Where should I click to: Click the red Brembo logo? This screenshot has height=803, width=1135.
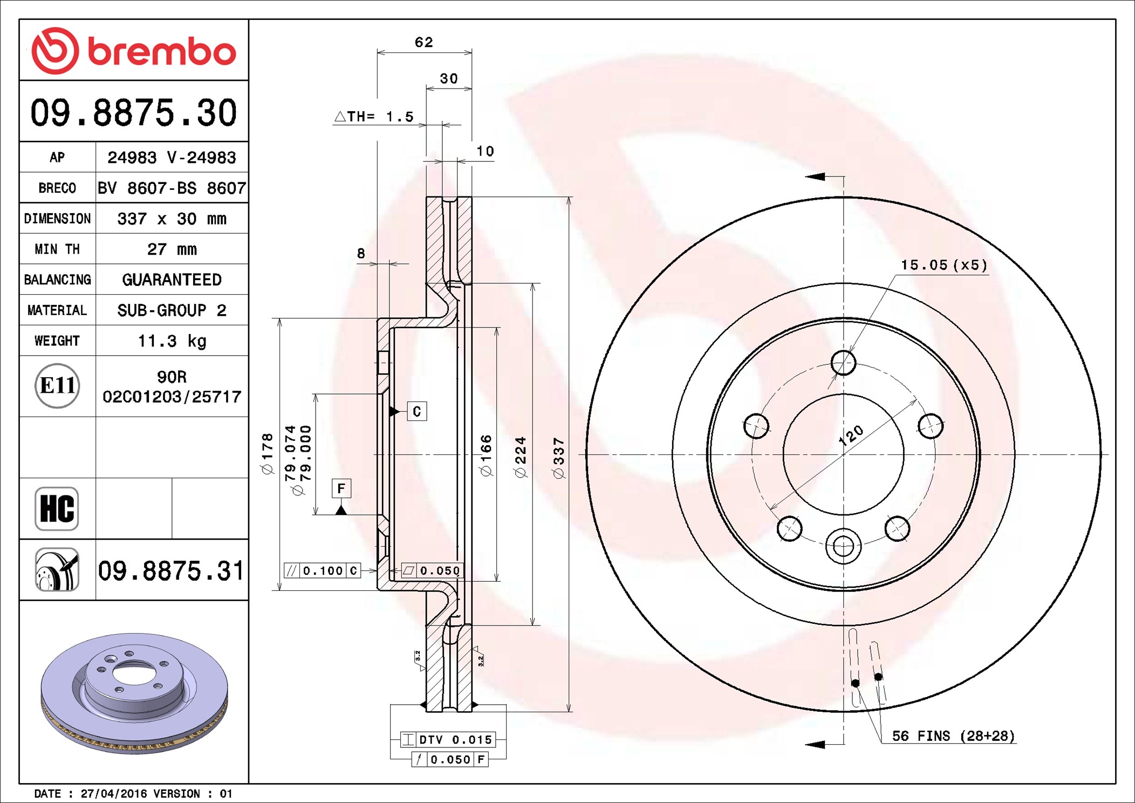(x=134, y=51)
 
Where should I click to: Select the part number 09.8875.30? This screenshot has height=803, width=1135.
(x=134, y=113)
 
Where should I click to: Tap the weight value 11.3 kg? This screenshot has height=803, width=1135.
(x=172, y=341)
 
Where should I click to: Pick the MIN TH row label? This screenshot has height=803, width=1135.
(x=57, y=249)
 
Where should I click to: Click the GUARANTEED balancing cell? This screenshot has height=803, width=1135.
(x=172, y=280)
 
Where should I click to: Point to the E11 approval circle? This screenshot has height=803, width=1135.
(x=57, y=386)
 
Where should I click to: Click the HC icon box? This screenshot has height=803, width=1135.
(x=57, y=508)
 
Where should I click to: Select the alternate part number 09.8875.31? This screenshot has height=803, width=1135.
(x=171, y=570)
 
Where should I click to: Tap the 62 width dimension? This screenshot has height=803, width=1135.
(x=424, y=42)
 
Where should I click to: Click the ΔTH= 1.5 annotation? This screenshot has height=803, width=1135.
(x=374, y=117)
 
